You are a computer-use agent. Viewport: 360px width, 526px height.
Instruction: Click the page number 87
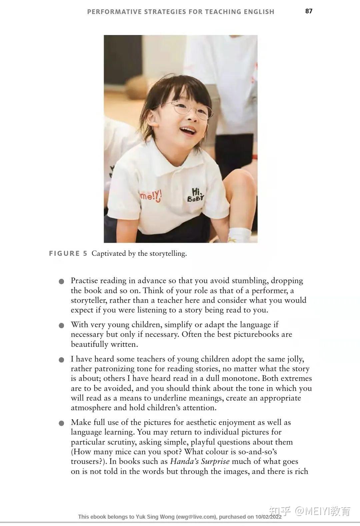coord(309,11)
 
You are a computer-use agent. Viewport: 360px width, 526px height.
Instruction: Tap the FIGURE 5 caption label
coord(68,253)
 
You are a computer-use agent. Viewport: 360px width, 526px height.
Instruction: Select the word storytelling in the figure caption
coord(167,253)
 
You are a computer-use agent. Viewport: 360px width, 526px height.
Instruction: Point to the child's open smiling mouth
coord(188,130)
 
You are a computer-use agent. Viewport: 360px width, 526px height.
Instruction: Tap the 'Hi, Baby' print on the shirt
coord(195,195)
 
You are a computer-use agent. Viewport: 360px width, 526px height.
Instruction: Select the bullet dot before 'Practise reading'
coord(61,282)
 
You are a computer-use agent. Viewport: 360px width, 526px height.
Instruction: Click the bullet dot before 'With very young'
coord(61,326)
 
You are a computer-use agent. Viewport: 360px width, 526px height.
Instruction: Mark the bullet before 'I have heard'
coord(61,360)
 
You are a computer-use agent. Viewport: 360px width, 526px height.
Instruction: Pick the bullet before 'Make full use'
coord(61,423)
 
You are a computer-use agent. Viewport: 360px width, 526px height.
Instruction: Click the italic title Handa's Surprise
coord(200,462)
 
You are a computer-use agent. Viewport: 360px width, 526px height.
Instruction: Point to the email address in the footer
coord(196,517)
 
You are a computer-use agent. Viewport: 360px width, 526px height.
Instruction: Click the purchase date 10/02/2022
coord(268,517)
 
